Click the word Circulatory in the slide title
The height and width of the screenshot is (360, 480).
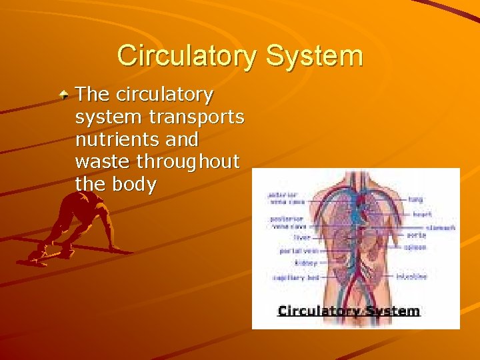187,55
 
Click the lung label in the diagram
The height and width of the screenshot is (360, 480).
415,199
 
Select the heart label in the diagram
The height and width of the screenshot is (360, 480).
421,214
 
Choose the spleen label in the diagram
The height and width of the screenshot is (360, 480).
415,247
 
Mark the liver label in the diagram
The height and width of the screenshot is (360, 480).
301,237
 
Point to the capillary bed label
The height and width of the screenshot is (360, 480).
295,277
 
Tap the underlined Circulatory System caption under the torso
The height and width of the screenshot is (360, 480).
349,311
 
